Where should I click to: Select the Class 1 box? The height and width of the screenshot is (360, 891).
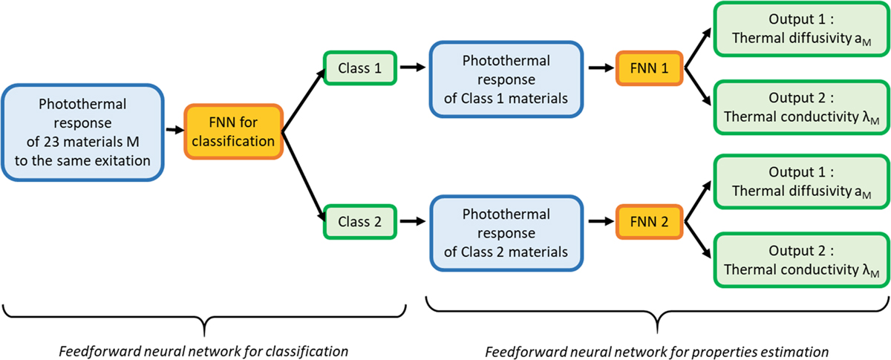click(x=359, y=68)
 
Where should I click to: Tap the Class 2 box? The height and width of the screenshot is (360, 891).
click(x=359, y=220)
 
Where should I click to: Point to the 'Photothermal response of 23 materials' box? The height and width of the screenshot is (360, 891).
click(x=82, y=132)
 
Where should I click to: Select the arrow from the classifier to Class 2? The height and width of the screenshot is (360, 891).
click(x=303, y=178)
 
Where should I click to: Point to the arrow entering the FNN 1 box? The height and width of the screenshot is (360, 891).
click(x=601, y=68)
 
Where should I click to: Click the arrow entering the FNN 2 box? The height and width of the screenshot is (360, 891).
click(x=601, y=220)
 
